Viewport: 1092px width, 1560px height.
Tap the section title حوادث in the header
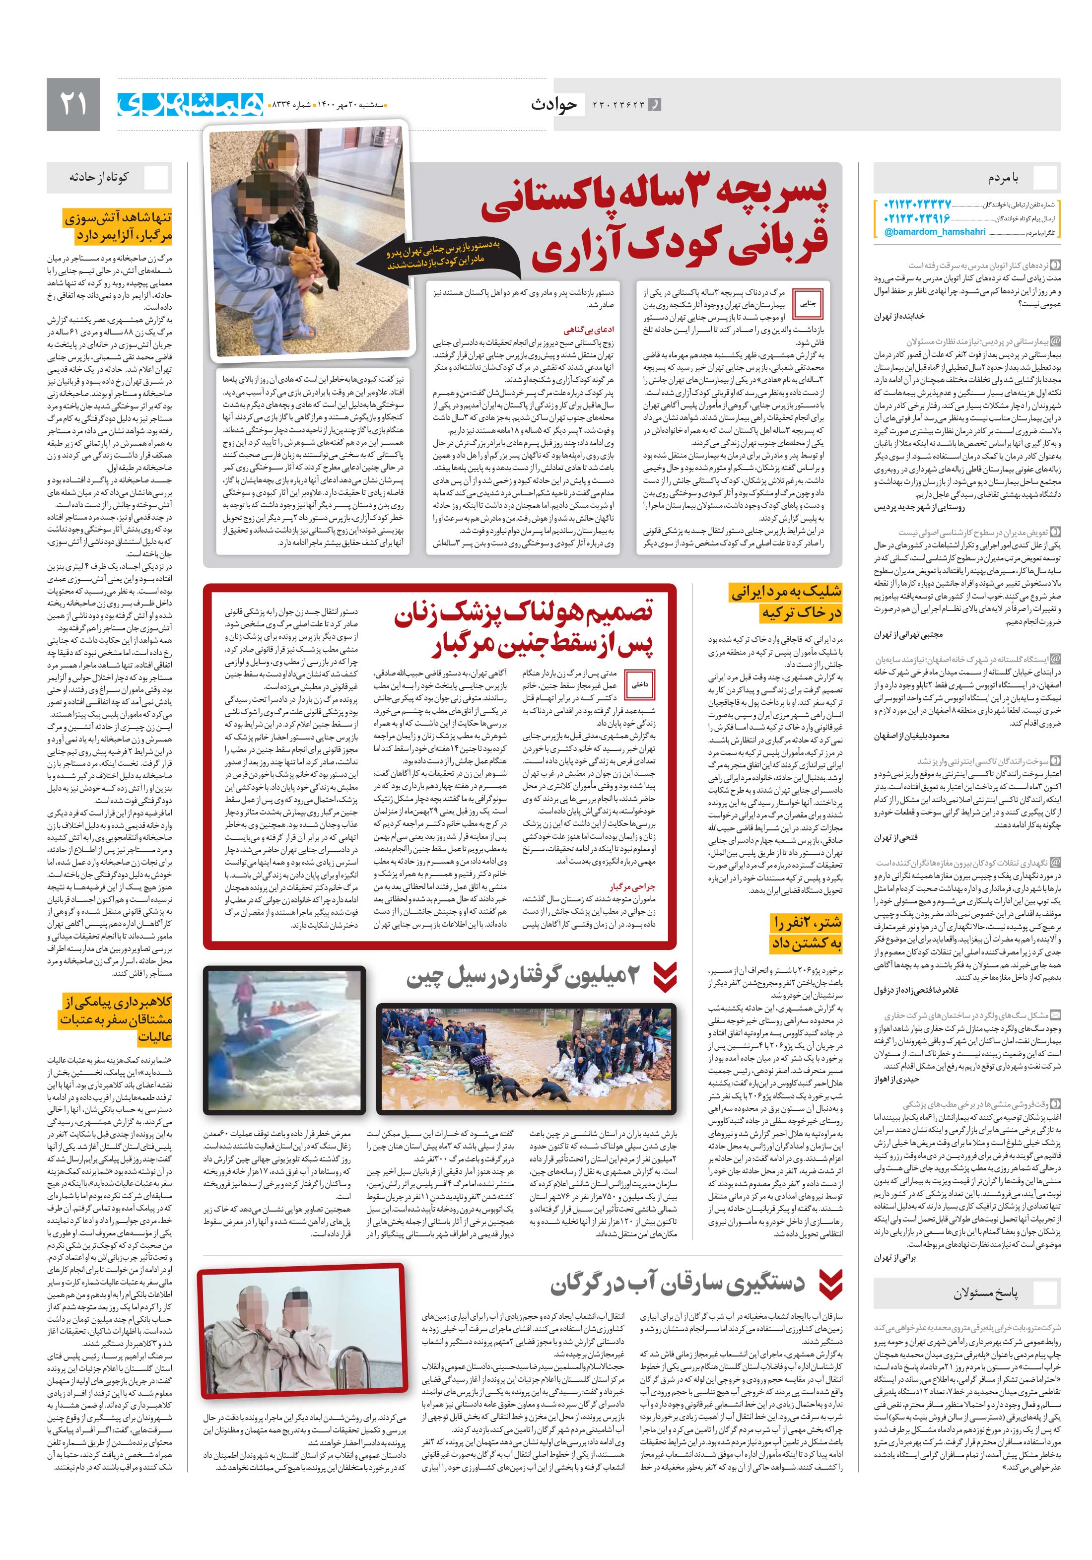(x=554, y=104)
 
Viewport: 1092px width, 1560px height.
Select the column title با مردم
(x=1004, y=177)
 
